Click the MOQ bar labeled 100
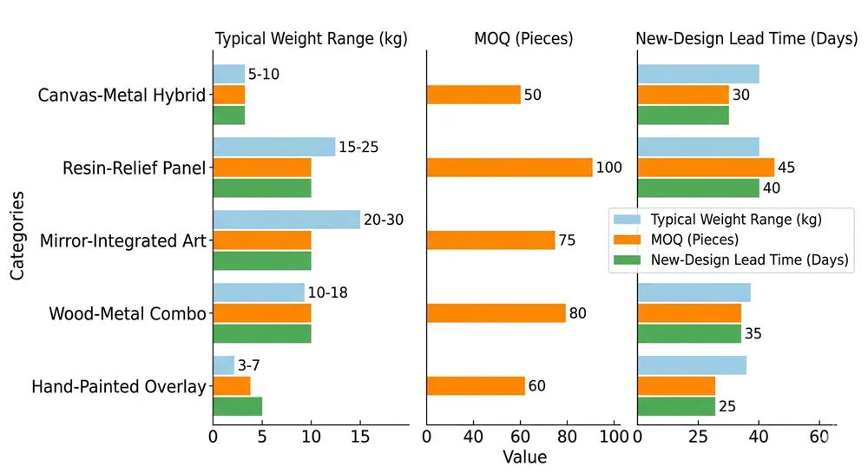(510, 168)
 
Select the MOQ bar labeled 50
(474, 95)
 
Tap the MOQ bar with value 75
(490, 240)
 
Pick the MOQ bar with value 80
(496, 313)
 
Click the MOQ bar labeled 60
(476, 386)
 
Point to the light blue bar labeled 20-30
(286, 220)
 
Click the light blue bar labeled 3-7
(224, 365)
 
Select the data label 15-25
(358, 148)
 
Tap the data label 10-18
(328, 293)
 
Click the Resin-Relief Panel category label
(135, 168)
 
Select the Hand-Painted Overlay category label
(119, 386)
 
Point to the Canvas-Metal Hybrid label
(122, 95)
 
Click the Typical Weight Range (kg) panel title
(311, 39)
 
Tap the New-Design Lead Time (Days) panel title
(742, 39)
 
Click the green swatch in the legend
(627, 259)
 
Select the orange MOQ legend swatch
(627, 240)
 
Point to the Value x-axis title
(524, 457)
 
